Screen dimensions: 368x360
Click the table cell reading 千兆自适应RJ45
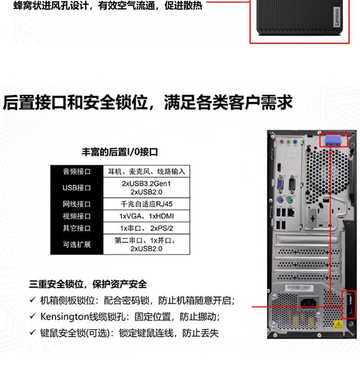click(x=146, y=203)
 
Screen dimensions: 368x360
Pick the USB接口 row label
click(x=76, y=188)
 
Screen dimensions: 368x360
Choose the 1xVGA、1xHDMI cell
click(x=146, y=216)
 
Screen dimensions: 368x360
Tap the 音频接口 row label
click(x=76, y=171)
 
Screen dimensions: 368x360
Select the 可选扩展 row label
click(x=76, y=245)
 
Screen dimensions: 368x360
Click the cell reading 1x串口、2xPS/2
click(x=146, y=228)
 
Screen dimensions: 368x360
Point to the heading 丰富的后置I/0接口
click(x=120, y=152)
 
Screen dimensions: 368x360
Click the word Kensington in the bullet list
click(x=64, y=317)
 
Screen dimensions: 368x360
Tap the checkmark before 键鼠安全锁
click(x=32, y=332)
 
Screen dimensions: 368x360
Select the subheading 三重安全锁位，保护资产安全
click(x=88, y=285)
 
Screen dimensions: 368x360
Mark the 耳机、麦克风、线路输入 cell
click(x=146, y=171)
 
